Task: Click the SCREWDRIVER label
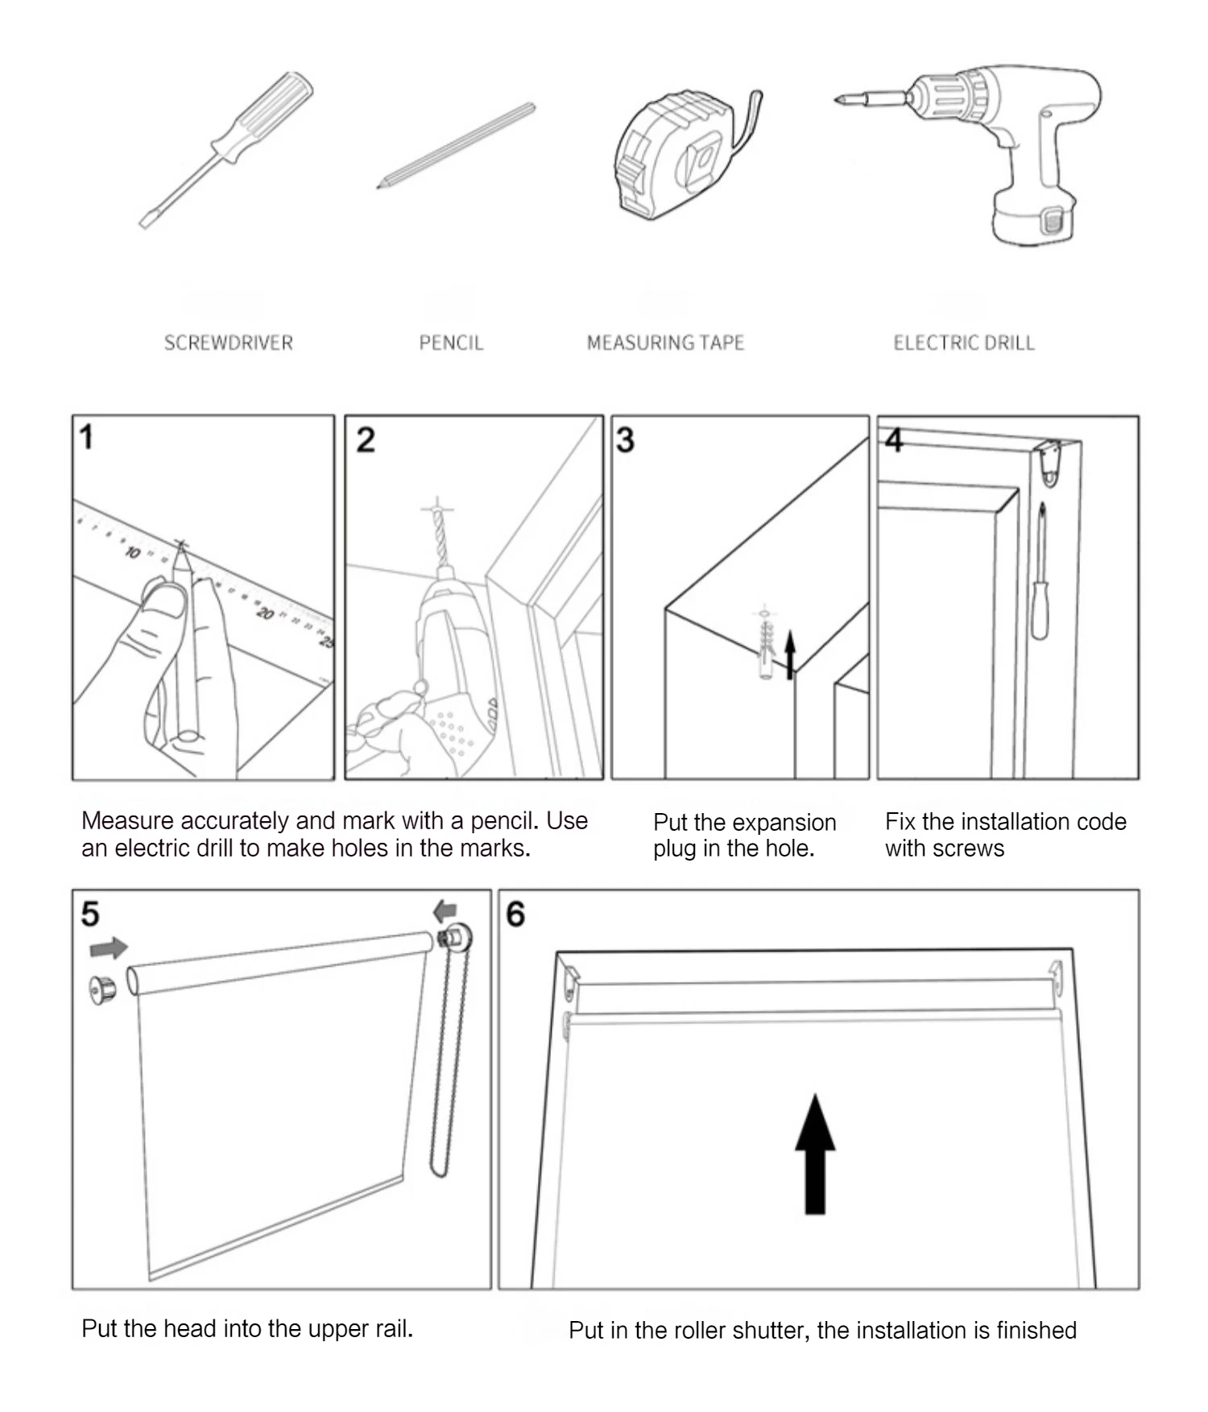(x=229, y=343)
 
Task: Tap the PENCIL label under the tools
(x=451, y=343)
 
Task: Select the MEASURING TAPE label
(x=665, y=343)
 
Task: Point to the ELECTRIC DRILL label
(x=964, y=343)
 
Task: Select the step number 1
(x=86, y=438)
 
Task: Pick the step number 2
(x=366, y=440)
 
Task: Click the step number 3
(x=625, y=440)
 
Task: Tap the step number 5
(x=90, y=914)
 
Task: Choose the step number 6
(x=515, y=914)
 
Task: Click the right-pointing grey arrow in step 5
(x=109, y=948)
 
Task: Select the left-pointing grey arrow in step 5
(x=445, y=911)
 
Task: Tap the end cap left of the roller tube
(x=103, y=989)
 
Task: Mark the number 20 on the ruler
(x=265, y=614)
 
